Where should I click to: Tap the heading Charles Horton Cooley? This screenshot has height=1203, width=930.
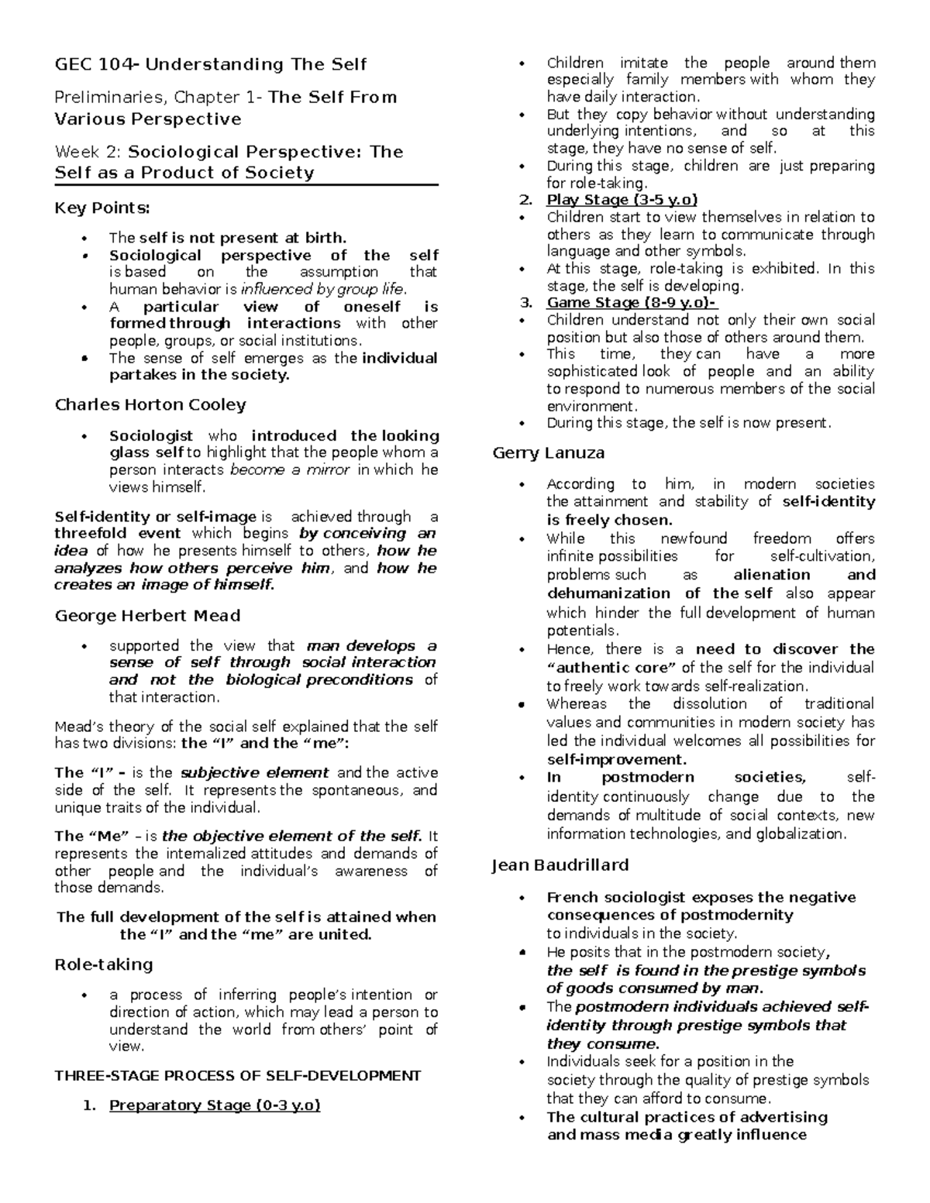click(150, 405)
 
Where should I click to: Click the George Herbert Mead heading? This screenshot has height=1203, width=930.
click(147, 616)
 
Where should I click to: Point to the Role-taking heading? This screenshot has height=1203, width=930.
click(103, 964)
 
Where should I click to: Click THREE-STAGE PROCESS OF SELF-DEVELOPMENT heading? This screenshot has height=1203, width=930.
click(237, 1075)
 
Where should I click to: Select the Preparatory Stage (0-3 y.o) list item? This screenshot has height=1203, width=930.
click(215, 1105)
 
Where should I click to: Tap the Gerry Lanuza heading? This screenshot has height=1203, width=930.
click(548, 453)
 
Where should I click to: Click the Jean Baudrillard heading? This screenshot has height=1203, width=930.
click(560, 865)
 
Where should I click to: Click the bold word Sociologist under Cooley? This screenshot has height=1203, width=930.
click(151, 436)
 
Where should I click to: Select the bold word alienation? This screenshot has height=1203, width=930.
click(771, 575)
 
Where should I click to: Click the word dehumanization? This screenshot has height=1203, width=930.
click(611, 593)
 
